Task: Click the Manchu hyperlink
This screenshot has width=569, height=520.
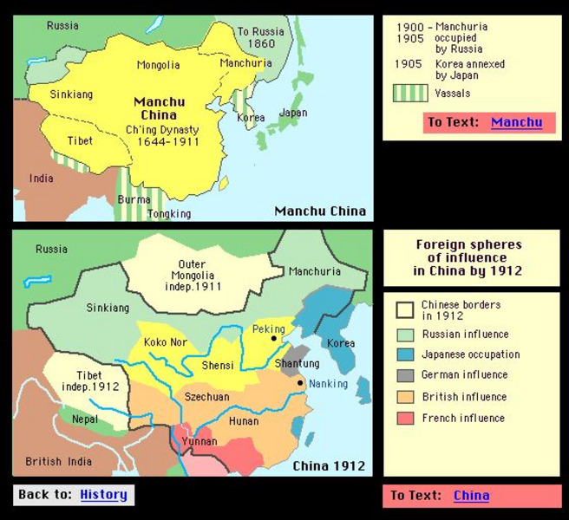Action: coord(516,122)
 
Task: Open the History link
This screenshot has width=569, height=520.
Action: coord(103,495)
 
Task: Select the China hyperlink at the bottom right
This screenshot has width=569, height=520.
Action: coord(471,496)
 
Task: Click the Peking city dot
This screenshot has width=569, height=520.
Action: coord(273,339)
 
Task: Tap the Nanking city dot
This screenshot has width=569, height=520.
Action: coord(300,383)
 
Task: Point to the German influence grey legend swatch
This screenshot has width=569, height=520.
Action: coord(404,375)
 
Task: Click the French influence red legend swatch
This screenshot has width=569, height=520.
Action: coord(404,418)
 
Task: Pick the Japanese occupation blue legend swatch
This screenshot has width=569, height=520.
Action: coord(404,354)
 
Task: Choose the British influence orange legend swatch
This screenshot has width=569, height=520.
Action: coord(404,397)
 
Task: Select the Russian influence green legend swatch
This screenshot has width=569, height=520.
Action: coord(404,334)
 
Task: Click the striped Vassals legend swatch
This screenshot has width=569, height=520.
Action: coord(410,92)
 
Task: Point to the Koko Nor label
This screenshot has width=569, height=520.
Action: coord(165,342)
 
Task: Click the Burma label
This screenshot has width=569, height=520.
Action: coord(133,199)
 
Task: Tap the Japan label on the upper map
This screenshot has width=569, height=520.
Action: coord(293,113)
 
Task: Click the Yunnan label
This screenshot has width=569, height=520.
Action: coord(200,441)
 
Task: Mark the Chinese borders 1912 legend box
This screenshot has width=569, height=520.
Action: coord(404,310)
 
